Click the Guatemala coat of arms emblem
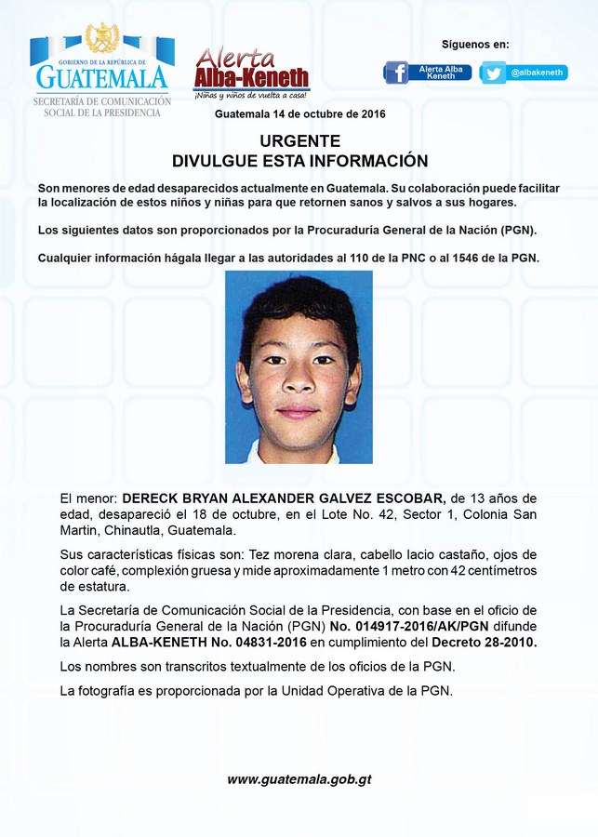click(x=101, y=38)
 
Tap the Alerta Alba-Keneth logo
click(x=251, y=73)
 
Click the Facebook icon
click(x=396, y=73)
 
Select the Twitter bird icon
click(x=493, y=73)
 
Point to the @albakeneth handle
click(x=538, y=73)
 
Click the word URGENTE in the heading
click(x=299, y=141)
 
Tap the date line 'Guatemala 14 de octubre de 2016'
click(x=299, y=113)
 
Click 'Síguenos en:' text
click(x=475, y=45)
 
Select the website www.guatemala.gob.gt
click(x=299, y=779)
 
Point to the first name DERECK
click(x=151, y=498)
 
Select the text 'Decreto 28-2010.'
click(x=483, y=643)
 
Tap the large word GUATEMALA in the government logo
click(x=100, y=76)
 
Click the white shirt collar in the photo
click(x=298, y=453)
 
